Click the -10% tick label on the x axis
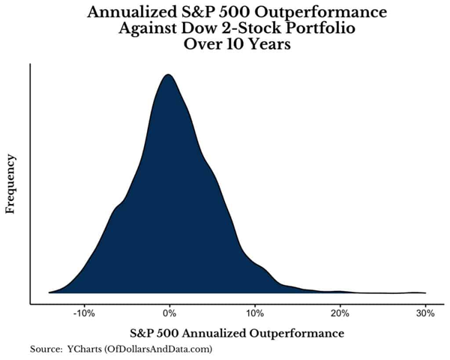pos(84,313)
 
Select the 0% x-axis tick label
pos(169,313)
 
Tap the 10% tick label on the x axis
pos(254,313)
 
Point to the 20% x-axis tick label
pos(340,313)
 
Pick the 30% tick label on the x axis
pos(425,313)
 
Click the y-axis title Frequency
pos(10,184)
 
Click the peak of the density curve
pos(168,74)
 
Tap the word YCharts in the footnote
pos(84,349)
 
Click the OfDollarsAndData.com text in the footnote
pos(158,349)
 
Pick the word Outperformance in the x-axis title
pos(296,334)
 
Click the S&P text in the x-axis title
pos(142,334)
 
